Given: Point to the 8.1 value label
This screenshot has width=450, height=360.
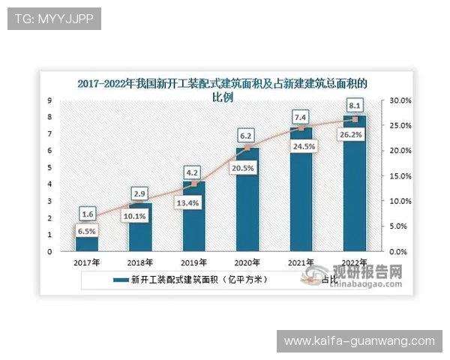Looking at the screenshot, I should coord(355,104).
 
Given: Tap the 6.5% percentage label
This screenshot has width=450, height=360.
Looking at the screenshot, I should coord(86,232).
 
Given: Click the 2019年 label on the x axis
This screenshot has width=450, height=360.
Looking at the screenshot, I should coord(194,262).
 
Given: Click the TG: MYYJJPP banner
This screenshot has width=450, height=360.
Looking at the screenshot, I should coord(54,19).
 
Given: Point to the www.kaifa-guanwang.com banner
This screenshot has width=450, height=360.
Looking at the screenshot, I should coord(359,341).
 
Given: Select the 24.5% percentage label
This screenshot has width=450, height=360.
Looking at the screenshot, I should coord(301,147).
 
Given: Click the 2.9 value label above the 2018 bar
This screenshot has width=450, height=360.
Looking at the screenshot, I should coord(140,194).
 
